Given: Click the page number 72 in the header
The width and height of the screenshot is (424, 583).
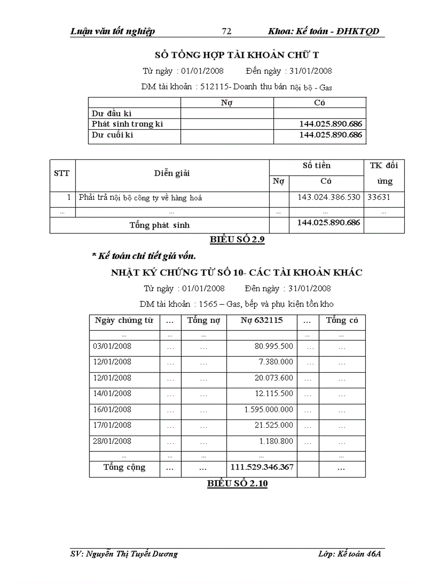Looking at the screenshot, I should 227,32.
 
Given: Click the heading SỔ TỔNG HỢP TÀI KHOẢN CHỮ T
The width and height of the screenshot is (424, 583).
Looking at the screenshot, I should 241,55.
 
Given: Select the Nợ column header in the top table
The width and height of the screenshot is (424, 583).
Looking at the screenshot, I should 227,103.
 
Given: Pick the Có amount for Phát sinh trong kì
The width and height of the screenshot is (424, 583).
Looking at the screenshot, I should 330,124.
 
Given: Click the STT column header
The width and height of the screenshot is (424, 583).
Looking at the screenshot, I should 62,173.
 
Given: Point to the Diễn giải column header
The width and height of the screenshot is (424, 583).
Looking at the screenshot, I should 172,173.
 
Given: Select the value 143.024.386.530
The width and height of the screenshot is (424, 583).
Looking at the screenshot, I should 329,197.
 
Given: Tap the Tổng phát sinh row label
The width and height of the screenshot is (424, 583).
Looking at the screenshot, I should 159,225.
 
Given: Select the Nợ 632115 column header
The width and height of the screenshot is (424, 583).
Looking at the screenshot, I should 261,320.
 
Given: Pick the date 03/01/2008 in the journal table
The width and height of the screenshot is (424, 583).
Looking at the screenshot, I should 112,346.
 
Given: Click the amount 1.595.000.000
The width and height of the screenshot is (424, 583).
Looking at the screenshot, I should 269,410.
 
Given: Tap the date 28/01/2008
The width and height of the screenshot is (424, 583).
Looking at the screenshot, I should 112,441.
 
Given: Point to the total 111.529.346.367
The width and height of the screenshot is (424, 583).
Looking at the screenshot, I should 262,467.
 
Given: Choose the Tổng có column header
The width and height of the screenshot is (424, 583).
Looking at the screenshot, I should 342,320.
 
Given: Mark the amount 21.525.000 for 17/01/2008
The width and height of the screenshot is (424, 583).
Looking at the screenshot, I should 274,425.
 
